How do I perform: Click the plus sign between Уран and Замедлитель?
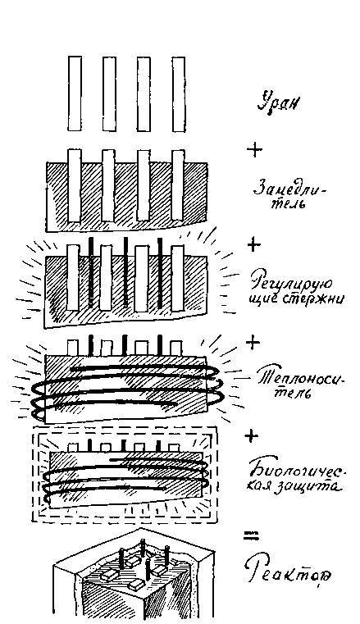254,150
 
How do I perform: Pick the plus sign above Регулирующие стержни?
254,244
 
